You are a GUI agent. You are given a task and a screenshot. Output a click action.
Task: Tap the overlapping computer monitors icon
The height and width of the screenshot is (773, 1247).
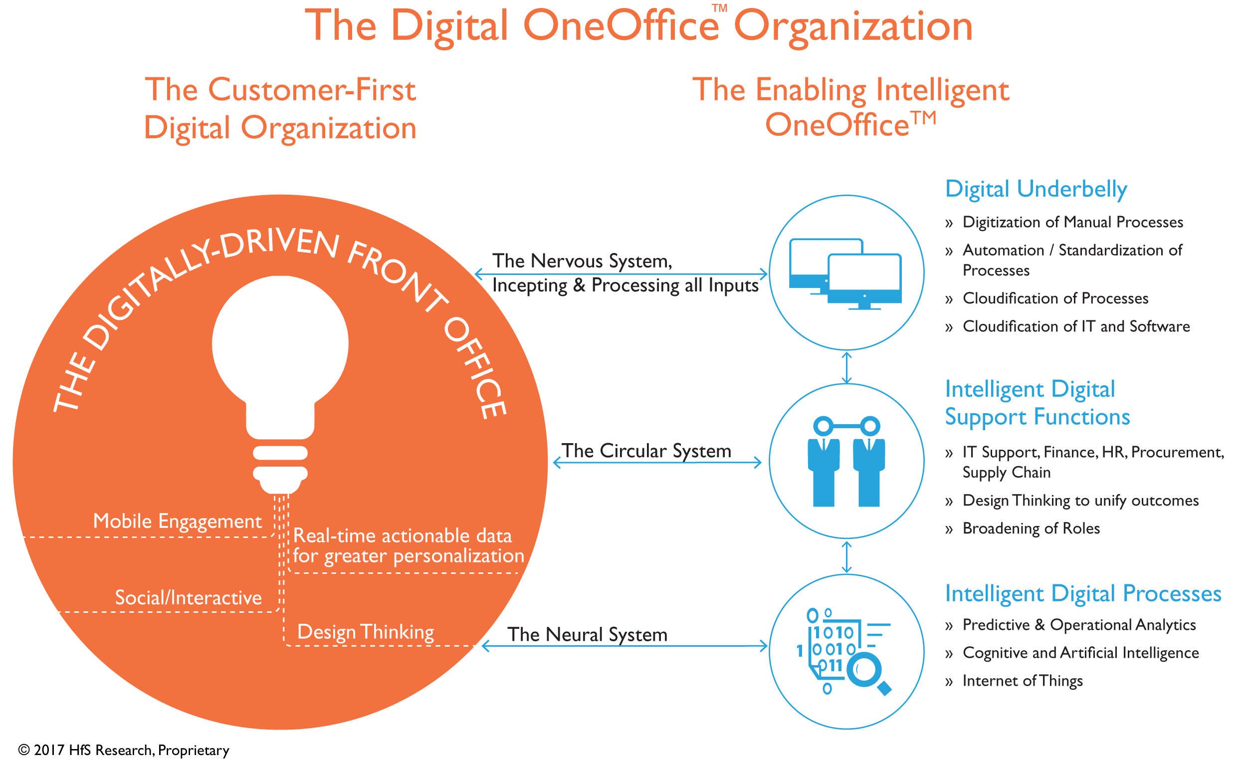point(845,274)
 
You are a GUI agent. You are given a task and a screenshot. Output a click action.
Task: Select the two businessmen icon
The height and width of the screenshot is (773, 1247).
point(846,462)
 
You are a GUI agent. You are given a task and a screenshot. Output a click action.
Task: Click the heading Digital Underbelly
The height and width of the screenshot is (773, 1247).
point(1036,189)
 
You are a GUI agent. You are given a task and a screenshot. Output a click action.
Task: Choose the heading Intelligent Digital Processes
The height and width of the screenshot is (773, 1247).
point(1082,593)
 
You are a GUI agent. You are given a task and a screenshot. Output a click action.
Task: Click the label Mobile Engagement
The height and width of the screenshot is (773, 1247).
point(177,521)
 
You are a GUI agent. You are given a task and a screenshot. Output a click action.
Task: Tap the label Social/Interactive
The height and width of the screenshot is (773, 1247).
point(188,598)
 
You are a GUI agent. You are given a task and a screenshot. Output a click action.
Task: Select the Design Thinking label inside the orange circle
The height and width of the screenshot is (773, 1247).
point(365,632)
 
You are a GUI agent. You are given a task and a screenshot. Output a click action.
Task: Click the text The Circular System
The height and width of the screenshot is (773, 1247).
point(646,451)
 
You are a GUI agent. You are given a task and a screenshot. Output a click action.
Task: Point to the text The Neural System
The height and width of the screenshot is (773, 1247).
point(587,634)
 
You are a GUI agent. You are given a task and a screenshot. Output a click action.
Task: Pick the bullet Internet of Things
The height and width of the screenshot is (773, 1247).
point(1022,681)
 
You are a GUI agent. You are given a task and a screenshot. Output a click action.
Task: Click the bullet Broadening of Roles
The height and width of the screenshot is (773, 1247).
point(1031,528)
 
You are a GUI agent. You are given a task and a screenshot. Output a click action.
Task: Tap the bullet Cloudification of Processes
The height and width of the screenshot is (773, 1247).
point(1055,298)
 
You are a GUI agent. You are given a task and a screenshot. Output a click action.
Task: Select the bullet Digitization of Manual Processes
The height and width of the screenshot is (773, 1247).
point(1072,222)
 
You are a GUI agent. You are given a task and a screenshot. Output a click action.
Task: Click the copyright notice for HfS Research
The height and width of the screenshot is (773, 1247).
point(124,750)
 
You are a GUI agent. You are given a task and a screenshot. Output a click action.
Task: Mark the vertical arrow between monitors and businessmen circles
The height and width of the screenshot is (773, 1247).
point(846,368)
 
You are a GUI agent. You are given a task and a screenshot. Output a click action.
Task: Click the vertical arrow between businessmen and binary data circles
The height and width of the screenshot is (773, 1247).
point(846,557)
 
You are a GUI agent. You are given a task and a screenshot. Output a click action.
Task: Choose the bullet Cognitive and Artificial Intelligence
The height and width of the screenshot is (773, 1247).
point(1080,653)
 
